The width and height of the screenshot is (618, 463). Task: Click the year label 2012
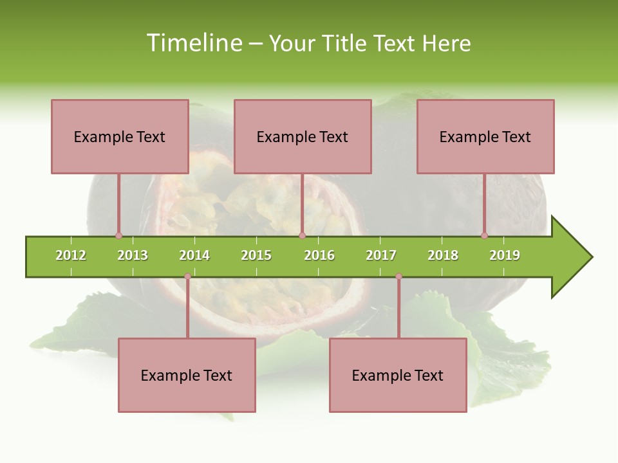(x=71, y=255)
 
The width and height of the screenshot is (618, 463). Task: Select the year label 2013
(x=133, y=255)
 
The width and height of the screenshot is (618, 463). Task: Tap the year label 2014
(x=194, y=255)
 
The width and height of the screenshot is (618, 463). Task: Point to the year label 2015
(x=256, y=255)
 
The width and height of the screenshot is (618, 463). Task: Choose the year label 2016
(x=319, y=255)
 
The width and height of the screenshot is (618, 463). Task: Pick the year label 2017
(x=381, y=255)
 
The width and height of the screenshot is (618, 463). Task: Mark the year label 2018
(x=443, y=255)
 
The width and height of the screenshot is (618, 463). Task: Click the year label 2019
(x=505, y=255)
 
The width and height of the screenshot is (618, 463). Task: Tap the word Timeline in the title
(x=194, y=43)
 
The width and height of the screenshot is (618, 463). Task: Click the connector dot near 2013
(x=118, y=236)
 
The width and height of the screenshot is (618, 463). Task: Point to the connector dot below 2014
(x=187, y=277)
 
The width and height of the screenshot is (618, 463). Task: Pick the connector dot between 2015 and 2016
(x=302, y=236)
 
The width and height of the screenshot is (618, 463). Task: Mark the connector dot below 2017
(x=398, y=277)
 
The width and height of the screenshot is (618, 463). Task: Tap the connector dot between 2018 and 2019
(x=484, y=236)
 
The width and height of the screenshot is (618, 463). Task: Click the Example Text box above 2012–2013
(x=120, y=136)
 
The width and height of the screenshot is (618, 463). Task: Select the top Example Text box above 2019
(x=485, y=136)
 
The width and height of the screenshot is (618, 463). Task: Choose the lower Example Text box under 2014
(x=187, y=375)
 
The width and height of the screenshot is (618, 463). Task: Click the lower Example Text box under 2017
(x=398, y=375)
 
